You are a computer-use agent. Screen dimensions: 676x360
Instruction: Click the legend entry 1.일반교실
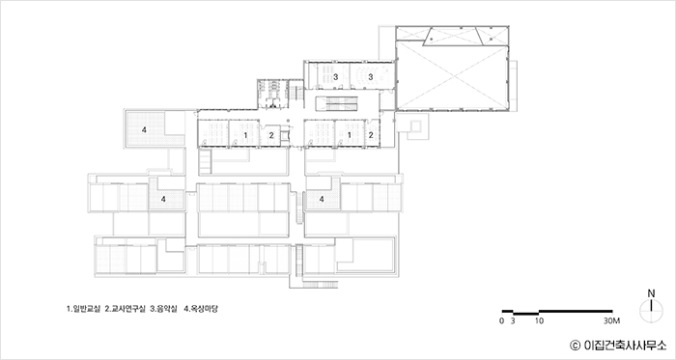click(83, 309)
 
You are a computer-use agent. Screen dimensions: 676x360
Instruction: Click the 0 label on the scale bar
click(501, 320)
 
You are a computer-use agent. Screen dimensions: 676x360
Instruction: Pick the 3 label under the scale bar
click(513, 320)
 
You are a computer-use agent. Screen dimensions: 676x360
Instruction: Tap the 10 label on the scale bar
click(539, 320)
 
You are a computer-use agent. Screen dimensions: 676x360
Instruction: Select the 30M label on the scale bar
click(611, 320)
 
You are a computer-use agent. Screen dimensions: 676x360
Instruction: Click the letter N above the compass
click(651, 293)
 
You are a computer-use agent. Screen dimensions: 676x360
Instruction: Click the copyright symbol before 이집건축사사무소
click(575, 345)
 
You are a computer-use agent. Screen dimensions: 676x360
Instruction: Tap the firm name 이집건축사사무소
click(625, 345)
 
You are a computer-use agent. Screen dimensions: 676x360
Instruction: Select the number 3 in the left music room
click(335, 77)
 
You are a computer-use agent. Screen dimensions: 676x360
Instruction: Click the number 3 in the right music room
click(370, 77)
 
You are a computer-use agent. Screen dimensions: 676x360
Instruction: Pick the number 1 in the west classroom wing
click(245, 135)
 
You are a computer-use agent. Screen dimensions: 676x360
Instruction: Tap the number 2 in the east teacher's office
click(371, 135)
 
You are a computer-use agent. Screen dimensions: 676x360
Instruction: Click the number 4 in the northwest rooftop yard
click(144, 129)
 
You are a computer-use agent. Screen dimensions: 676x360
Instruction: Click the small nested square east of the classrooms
click(415, 126)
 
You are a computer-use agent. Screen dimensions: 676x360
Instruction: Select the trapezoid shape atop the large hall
click(453, 36)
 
